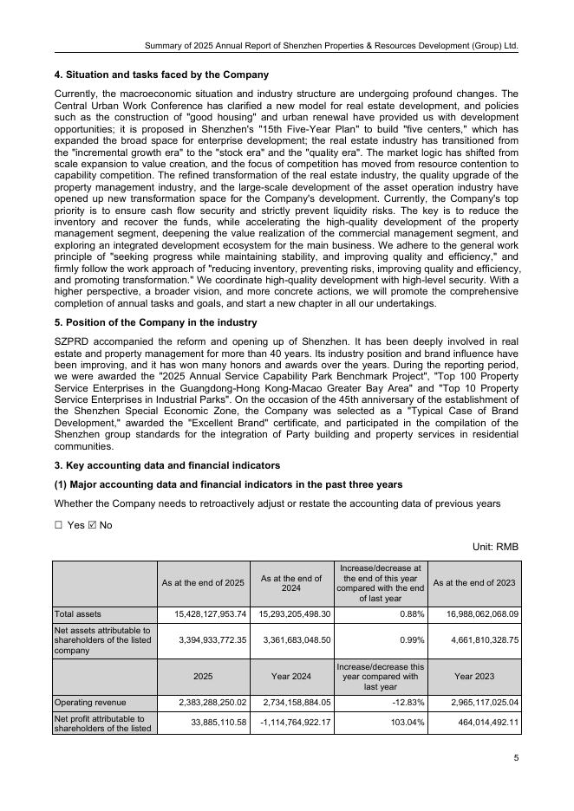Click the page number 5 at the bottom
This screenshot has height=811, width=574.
pos(516,758)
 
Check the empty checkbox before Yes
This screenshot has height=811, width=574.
pos(59,525)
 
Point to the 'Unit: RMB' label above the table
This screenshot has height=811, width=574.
pos(495,547)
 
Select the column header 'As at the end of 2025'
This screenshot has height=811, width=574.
pos(203,582)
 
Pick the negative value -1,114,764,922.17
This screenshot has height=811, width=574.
pos(286,722)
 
